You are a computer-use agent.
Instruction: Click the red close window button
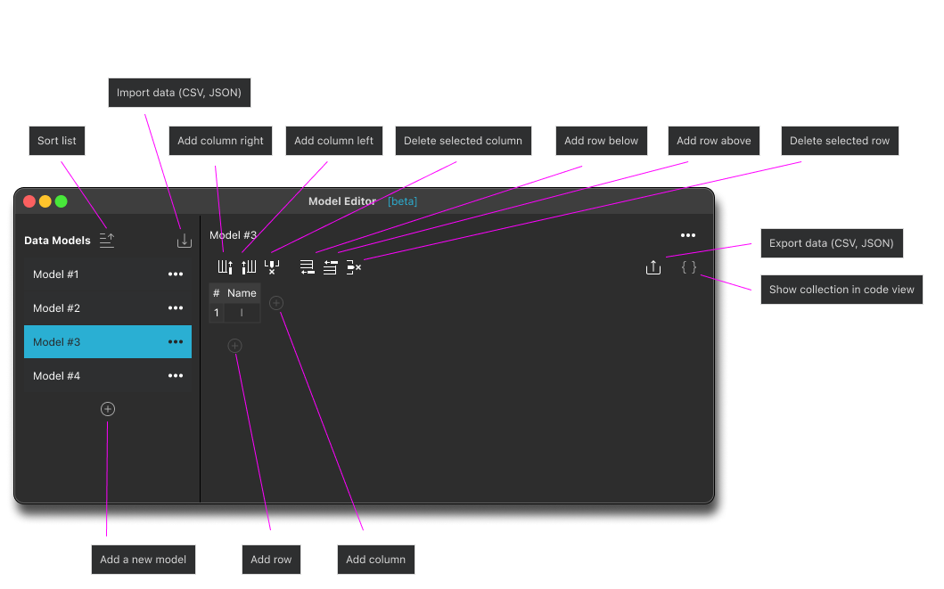tap(29, 201)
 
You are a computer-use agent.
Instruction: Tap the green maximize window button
tap(62, 201)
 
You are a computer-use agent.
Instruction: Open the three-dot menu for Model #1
tap(176, 274)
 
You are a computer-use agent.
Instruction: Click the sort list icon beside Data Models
tap(107, 240)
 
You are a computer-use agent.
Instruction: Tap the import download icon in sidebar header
tap(185, 241)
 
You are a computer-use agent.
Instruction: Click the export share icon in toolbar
tap(653, 267)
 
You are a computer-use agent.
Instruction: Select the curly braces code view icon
tap(689, 267)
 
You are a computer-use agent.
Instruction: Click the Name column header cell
tap(242, 293)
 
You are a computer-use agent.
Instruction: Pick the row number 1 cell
tap(216, 313)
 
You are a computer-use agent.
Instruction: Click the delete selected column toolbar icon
tap(272, 267)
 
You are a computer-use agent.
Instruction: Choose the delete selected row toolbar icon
tap(354, 267)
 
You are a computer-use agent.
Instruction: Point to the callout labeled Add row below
tap(602, 141)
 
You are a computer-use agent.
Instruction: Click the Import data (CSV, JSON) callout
tap(179, 93)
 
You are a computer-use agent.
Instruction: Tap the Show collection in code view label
tap(841, 290)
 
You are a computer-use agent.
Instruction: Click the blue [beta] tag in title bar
tap(402, 201)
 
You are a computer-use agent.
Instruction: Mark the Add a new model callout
tap(144, 560)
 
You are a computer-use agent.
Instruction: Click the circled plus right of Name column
tap(276, 303)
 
